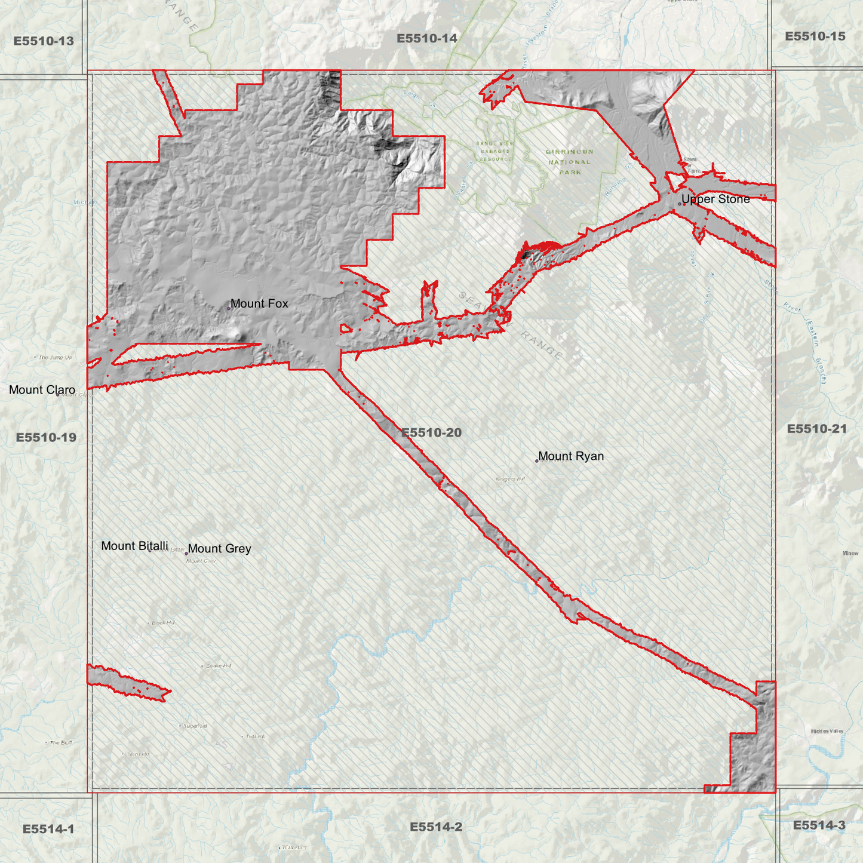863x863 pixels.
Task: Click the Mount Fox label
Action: point(259,303)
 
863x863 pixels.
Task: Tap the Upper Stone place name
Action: point(715,199)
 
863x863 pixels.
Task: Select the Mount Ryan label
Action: point(571,456)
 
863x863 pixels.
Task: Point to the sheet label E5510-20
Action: point(431,432)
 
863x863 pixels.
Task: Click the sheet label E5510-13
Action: point(44,41)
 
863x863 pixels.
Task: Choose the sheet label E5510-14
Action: point(427,39)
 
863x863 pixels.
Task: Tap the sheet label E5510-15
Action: point(815,36)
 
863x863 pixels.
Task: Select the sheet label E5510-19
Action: point(46,437)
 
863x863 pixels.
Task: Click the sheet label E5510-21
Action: point(816,429)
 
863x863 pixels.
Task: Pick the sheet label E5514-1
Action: point(48,829)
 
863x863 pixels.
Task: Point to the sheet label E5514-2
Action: point(436,827)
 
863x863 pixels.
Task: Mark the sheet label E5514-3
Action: point(819,825)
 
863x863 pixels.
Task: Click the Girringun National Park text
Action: point(569,162)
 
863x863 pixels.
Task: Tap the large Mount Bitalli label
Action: point(134,546)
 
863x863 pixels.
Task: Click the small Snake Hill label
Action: point(218,666)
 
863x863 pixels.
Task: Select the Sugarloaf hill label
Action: point(195,726)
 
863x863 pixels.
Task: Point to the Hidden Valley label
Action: point(827,732)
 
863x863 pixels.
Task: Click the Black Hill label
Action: point(162,623)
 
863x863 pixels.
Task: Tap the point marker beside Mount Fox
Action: point(228,308)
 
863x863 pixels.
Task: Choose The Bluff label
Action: point(60,743)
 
